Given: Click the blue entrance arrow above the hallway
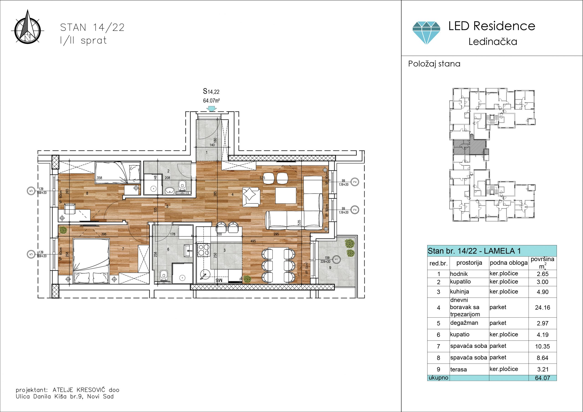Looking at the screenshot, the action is pos(211,109).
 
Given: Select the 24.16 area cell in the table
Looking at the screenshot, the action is pos(542,308).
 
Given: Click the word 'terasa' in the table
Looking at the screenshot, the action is pos(458,370).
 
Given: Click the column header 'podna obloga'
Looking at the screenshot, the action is pos(509,263).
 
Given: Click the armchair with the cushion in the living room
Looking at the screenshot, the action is pos(251,197).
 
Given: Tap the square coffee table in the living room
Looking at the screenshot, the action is pos(286,196).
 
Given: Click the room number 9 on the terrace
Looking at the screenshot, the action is pos(330,267).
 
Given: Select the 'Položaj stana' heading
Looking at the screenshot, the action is pos(434,64).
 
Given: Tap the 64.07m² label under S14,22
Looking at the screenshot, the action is pos(211,101).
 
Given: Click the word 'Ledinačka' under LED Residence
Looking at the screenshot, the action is pos(493,42).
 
